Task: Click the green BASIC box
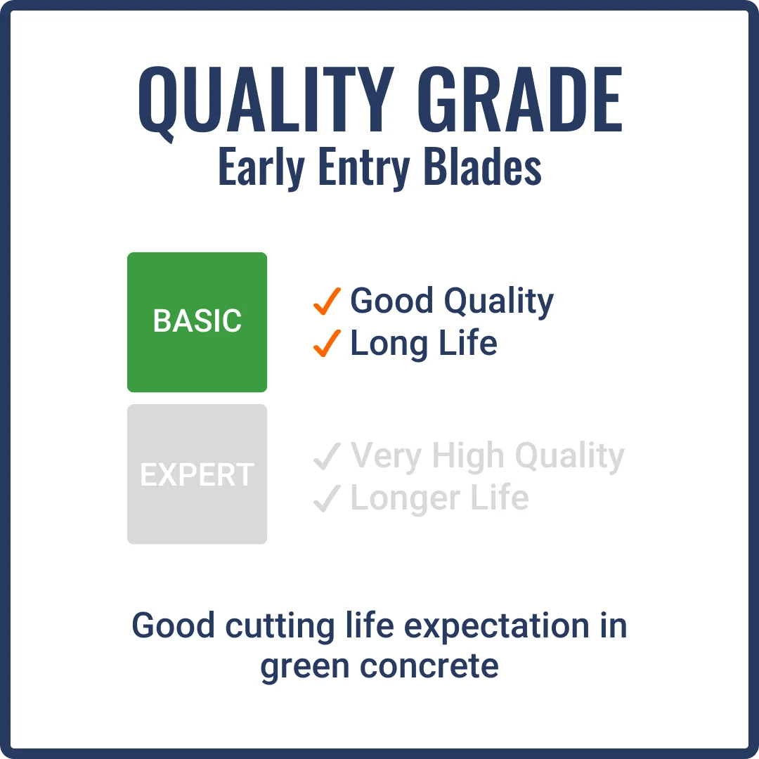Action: (197, 322)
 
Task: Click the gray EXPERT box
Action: (197, 474)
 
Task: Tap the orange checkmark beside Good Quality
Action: (327, 301)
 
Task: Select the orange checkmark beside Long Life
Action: (327, 343)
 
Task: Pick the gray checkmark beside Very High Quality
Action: (327, 458)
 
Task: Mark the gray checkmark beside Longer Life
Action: (327, 499)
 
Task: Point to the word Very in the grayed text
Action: (387, 456)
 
